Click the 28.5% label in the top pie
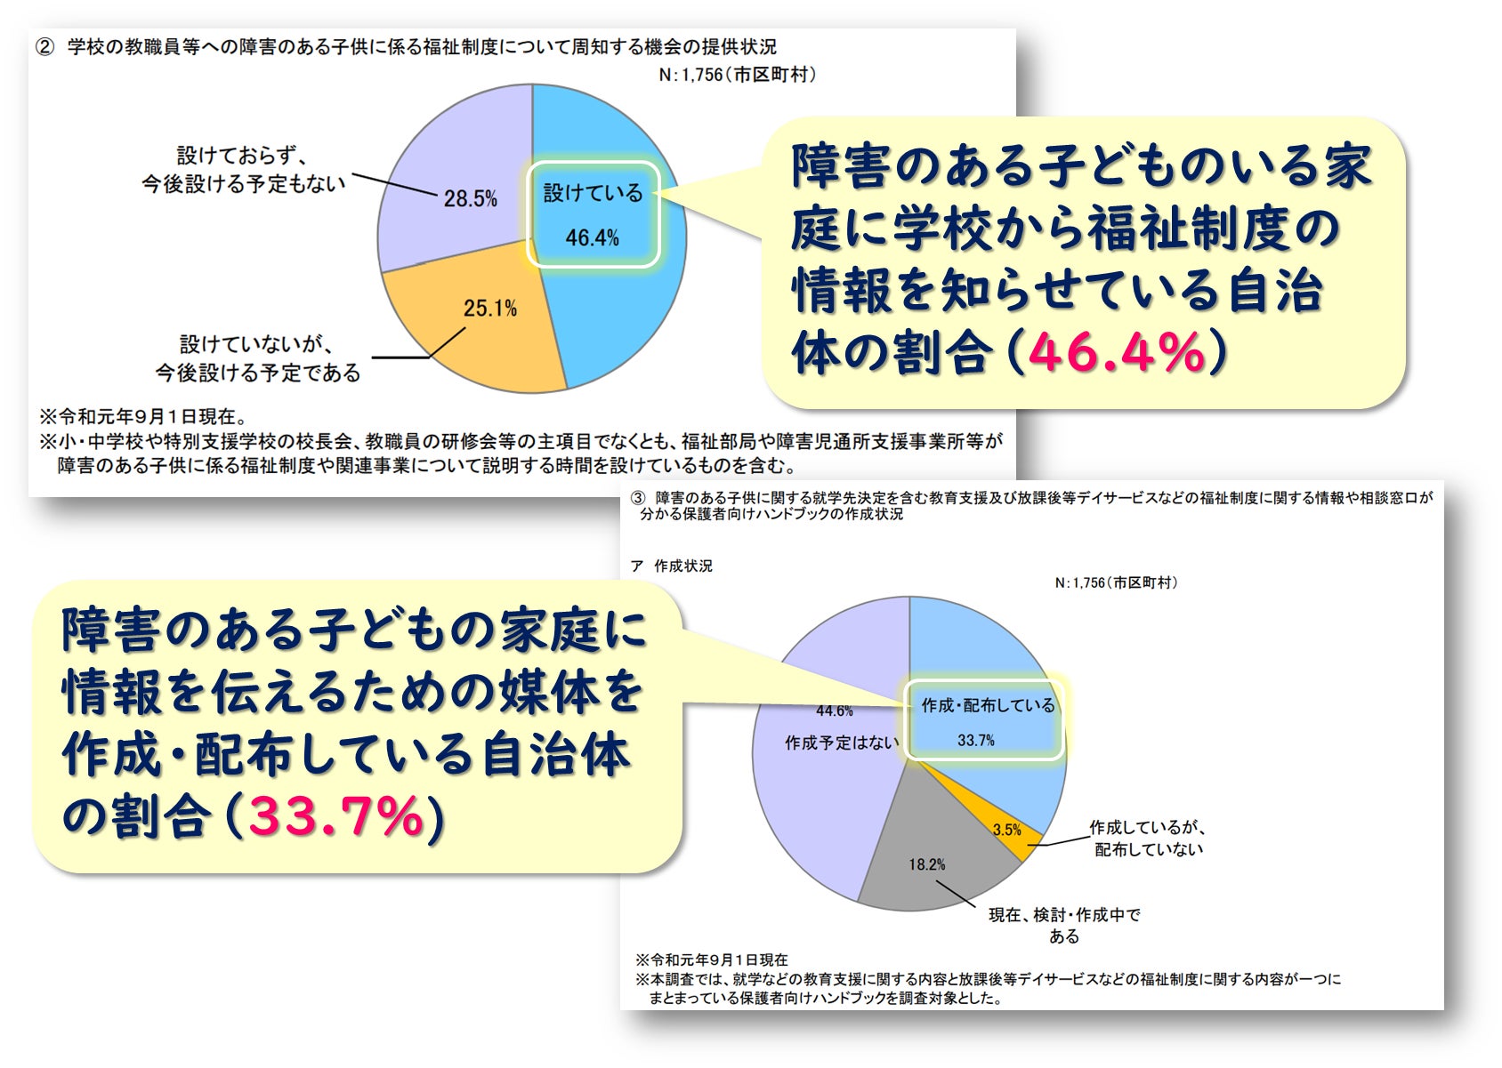pos(470,198)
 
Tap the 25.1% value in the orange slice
pos(490,309)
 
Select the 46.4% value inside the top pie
pos(592,237)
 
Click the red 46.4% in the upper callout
pos(1116,352)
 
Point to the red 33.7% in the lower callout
pos(335,816)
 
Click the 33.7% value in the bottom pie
pos(976,740)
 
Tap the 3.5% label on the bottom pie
pos(1006,830)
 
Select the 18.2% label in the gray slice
pos(926,864)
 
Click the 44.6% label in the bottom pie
pos(834,711)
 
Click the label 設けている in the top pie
pos(593,193)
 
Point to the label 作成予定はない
pos(841,743)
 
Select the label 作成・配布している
pos(988,705)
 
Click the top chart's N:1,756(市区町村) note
pos(737,76)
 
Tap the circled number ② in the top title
pos(45,47)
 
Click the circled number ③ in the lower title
pos(637,498)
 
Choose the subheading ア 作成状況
pos(671,566)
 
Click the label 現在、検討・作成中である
pos(1064,925)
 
